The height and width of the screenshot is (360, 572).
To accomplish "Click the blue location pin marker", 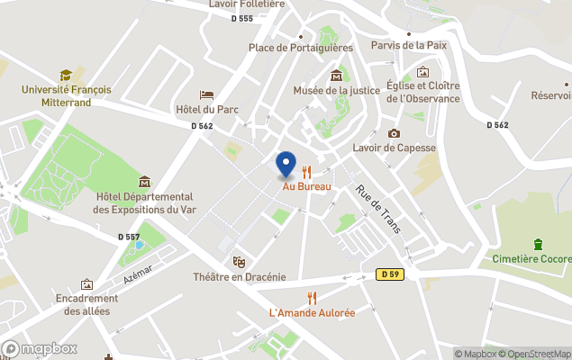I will (286, 164).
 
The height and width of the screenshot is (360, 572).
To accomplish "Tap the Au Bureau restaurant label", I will (307, 186).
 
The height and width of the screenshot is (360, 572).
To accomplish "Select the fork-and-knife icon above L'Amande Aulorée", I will (312, 297).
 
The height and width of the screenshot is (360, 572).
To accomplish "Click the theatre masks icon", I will (239, 261).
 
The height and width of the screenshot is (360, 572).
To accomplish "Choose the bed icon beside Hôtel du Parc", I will (206, 94).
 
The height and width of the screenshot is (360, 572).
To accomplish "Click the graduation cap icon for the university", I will (66, 75).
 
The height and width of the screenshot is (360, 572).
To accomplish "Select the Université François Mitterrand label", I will (66, 95).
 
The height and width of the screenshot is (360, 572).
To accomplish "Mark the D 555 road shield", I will (241, 19).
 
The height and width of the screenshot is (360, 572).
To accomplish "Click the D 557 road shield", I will (129, 237).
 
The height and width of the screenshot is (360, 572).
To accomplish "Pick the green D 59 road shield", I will (388, 274).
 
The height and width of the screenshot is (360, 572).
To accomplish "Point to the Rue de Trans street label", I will (377, 209).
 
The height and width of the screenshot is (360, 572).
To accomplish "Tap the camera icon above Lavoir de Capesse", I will (394, 133).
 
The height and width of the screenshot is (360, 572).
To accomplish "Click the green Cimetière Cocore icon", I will (538, 244).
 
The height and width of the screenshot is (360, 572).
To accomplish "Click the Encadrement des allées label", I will (86, 305).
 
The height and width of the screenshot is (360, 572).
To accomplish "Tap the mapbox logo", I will (40, 348).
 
